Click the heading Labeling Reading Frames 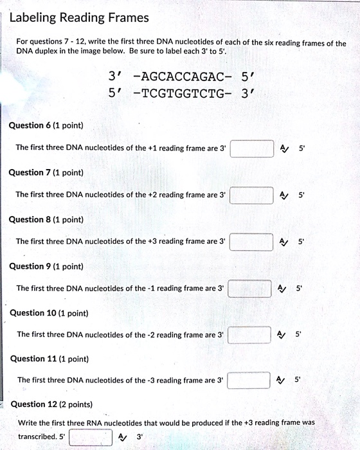coord(78,17)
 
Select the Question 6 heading coord(46,125)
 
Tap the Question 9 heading coord(46,266)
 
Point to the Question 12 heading coord(51,404)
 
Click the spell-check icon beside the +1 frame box coord(284,148)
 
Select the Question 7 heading coord(46,172)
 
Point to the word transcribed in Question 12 coord(39,437)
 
